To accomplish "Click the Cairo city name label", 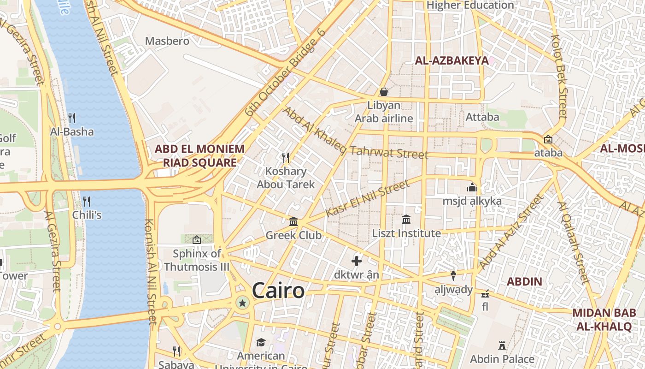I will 278,291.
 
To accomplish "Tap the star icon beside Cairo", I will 242,303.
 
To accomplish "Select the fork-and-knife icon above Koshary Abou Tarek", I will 286,158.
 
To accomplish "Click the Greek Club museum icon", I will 293,222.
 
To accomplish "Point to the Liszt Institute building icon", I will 406,220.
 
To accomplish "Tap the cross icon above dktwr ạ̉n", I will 357,261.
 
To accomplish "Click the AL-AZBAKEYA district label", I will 451,60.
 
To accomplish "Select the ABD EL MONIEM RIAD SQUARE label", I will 199,156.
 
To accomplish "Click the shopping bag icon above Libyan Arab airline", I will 384,92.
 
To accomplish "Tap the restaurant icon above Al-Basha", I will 72,118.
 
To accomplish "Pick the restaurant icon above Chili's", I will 86,201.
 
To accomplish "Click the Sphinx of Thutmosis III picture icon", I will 197,239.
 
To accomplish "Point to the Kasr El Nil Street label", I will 367,198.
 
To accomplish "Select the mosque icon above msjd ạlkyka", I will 472,187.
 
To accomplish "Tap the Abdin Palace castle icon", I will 502,345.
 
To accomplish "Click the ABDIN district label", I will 524,281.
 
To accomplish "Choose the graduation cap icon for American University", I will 261,342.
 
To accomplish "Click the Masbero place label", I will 167,41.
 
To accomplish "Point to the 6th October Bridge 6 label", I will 286,72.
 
